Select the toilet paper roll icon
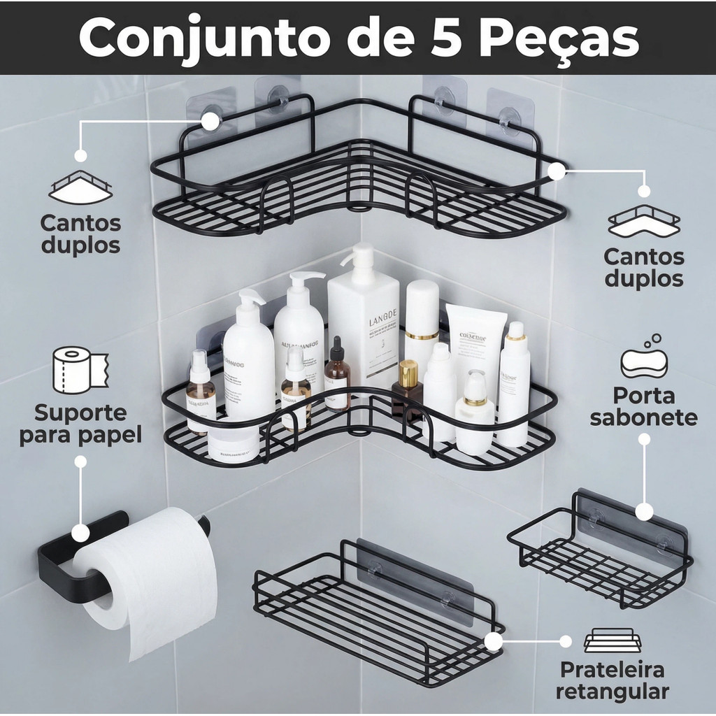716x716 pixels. (x=80, y=369)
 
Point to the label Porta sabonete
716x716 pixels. (x=643, y=406)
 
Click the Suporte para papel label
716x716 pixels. (x=80, y=423)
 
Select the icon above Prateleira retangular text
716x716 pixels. (x=613, y=640)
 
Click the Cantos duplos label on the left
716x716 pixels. (x=80, y=234)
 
